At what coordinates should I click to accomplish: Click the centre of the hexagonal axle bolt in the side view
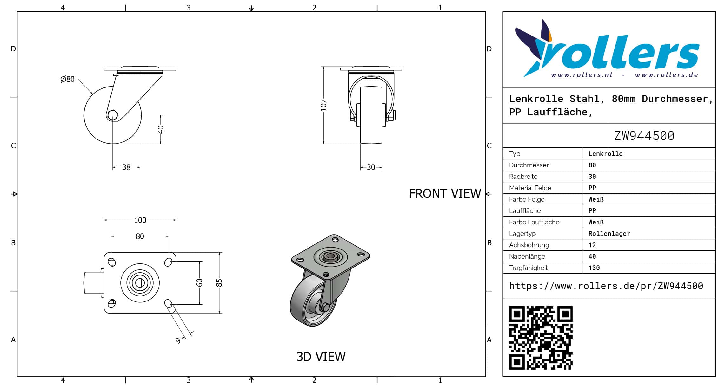112,115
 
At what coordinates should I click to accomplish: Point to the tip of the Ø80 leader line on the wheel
93,94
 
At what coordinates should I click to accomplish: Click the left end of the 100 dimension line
104,220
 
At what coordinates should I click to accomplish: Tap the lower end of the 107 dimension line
323,144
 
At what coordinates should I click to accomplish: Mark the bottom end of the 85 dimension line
219,313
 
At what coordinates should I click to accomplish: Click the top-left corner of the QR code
509,306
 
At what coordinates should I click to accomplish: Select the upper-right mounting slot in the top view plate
168,262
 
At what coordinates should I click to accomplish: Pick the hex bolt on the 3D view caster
325,307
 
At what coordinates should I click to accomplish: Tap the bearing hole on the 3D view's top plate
330,256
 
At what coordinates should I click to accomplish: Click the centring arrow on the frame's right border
489,194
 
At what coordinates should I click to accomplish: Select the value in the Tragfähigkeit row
594,268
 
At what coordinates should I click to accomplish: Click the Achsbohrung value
592,245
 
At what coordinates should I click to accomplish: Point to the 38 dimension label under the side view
126,167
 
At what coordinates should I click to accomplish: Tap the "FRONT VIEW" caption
445,194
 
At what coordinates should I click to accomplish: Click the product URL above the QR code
606,286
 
